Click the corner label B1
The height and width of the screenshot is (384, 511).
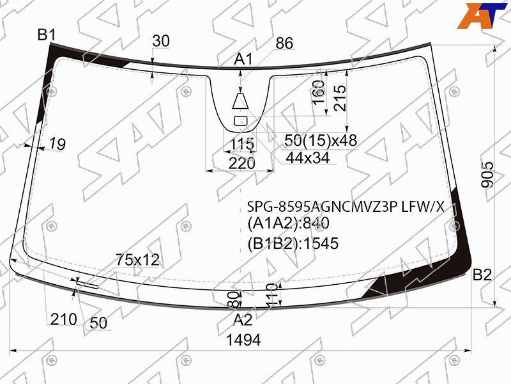[x=47, y=35]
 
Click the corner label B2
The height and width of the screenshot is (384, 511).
[x=482, y=275]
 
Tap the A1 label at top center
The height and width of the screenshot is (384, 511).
[x=243, y=60]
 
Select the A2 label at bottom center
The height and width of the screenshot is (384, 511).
[x=243, y=320]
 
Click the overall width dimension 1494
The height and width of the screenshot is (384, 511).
[x=243, y=340]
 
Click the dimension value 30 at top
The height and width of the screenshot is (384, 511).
[x=161, y=41]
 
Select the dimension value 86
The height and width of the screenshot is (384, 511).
[x=284, y=43]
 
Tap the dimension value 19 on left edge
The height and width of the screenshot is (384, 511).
[x=57, y=143]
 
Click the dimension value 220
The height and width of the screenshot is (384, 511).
[x=242, y=163]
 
